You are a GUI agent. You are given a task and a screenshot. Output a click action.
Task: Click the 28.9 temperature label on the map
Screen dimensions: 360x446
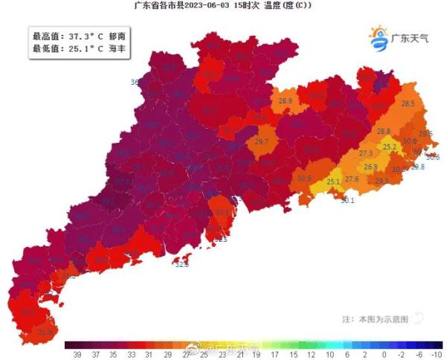[285, 100]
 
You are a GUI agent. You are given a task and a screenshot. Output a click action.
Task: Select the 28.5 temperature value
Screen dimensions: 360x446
[407, 104]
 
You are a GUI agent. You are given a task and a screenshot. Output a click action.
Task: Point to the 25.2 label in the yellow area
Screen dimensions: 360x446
[390, 147]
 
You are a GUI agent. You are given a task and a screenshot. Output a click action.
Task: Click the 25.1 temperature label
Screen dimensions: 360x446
[333, 181]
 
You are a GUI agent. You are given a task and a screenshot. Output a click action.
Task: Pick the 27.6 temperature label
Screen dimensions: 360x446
[352, 179]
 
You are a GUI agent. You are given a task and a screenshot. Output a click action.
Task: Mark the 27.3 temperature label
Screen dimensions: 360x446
[366, 153]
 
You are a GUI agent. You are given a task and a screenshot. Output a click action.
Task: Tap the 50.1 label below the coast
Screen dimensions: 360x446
[347, 200]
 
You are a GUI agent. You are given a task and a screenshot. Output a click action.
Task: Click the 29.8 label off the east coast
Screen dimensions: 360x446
[418, 167]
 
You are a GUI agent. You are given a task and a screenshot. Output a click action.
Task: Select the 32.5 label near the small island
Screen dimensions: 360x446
[181, 264]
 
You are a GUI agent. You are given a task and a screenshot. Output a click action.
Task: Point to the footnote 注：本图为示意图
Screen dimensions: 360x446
[375, 318]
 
